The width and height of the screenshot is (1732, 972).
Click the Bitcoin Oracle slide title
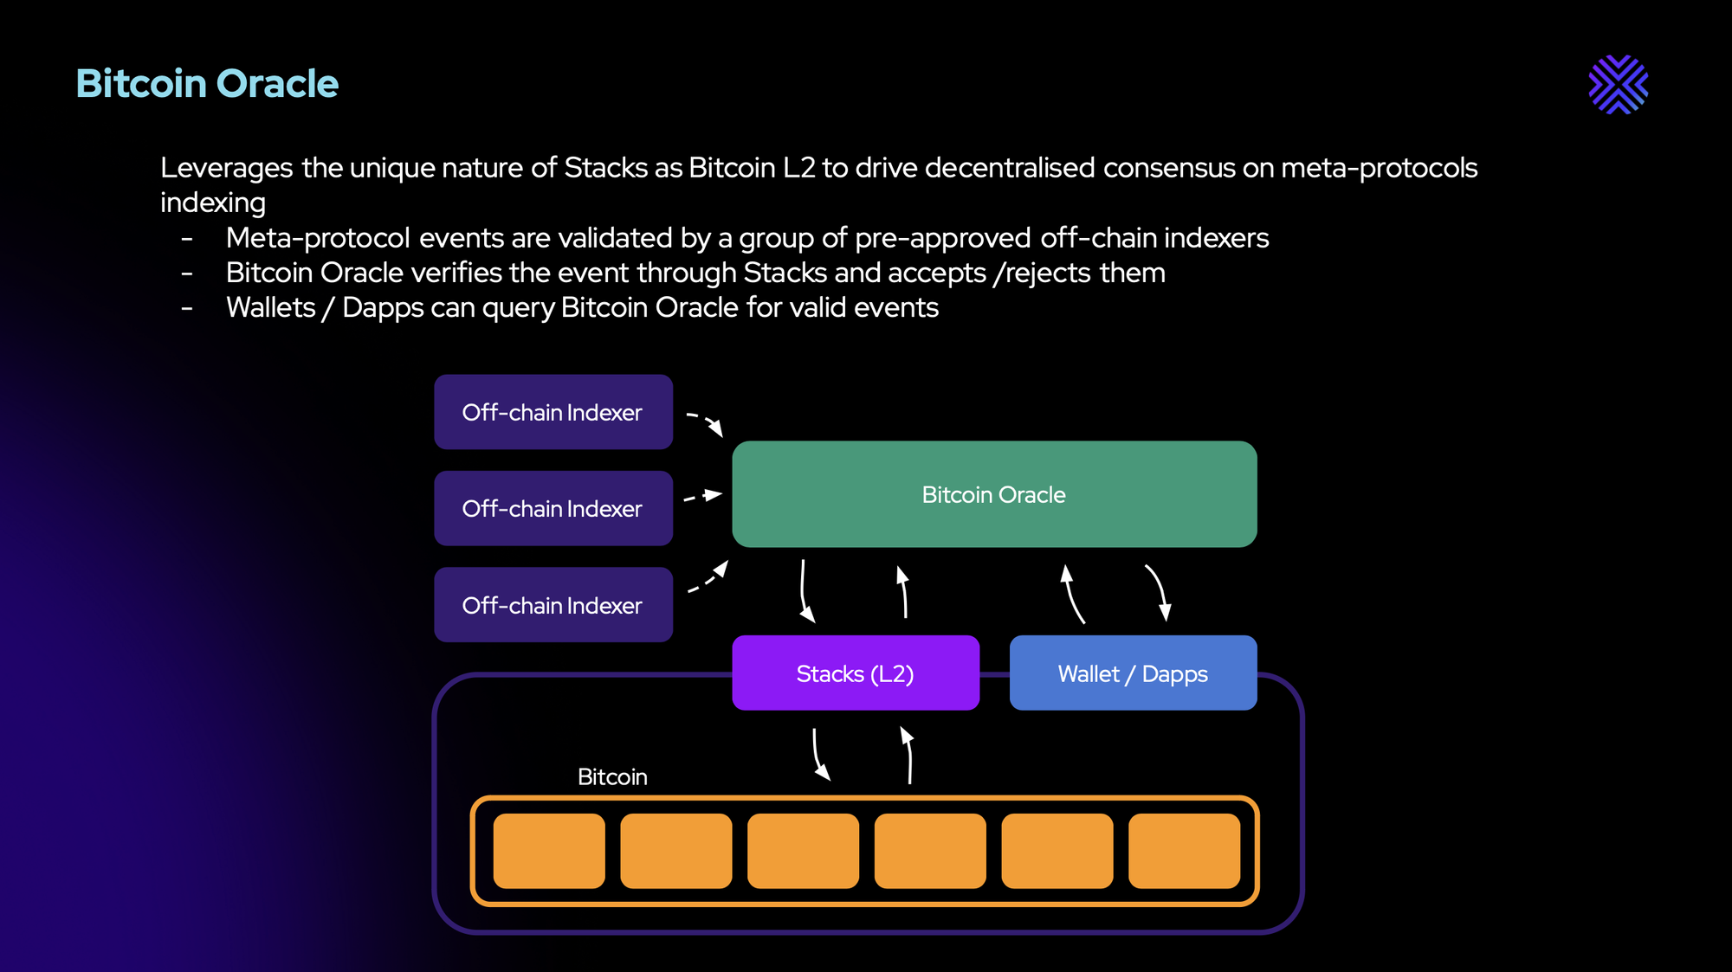207,84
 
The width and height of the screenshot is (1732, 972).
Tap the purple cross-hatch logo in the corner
1618,85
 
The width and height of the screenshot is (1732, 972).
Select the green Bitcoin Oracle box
993,494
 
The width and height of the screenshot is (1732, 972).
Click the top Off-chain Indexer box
553,412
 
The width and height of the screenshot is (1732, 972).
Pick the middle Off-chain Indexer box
553,508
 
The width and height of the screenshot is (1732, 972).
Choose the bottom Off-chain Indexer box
553,605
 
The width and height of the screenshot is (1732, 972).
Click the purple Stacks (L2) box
855,673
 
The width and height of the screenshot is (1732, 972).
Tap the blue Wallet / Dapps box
1132,673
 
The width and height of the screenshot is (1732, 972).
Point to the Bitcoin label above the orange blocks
612,776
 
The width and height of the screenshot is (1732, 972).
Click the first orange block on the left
549,850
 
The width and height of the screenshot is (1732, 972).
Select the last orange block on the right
1184,850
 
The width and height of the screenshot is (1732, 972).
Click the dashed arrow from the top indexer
705,422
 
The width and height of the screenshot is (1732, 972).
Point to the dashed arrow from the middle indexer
703,497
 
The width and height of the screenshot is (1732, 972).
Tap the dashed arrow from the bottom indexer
708,578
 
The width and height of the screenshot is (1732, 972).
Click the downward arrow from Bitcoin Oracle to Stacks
805,592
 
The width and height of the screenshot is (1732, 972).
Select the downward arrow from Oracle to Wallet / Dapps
1159,592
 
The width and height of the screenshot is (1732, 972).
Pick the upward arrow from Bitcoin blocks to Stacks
908,755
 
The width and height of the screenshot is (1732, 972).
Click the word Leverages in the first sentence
226,168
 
